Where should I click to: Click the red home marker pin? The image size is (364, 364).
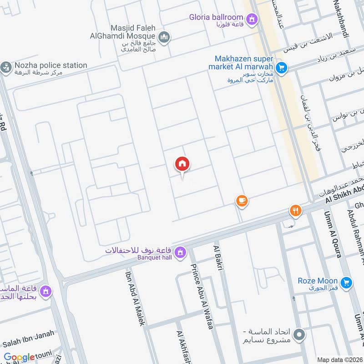(182, 164)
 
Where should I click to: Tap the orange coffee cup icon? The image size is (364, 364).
(241, 201)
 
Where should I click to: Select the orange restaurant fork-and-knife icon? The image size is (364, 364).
(295, 211)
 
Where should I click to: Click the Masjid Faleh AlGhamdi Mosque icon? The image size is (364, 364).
(165, 37)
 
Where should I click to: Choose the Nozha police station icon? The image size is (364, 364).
(5, 67)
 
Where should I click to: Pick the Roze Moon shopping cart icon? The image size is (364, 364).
(346, 283)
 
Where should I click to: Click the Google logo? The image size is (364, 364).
(19, 358)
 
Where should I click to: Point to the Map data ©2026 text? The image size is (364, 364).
(339, 359)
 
